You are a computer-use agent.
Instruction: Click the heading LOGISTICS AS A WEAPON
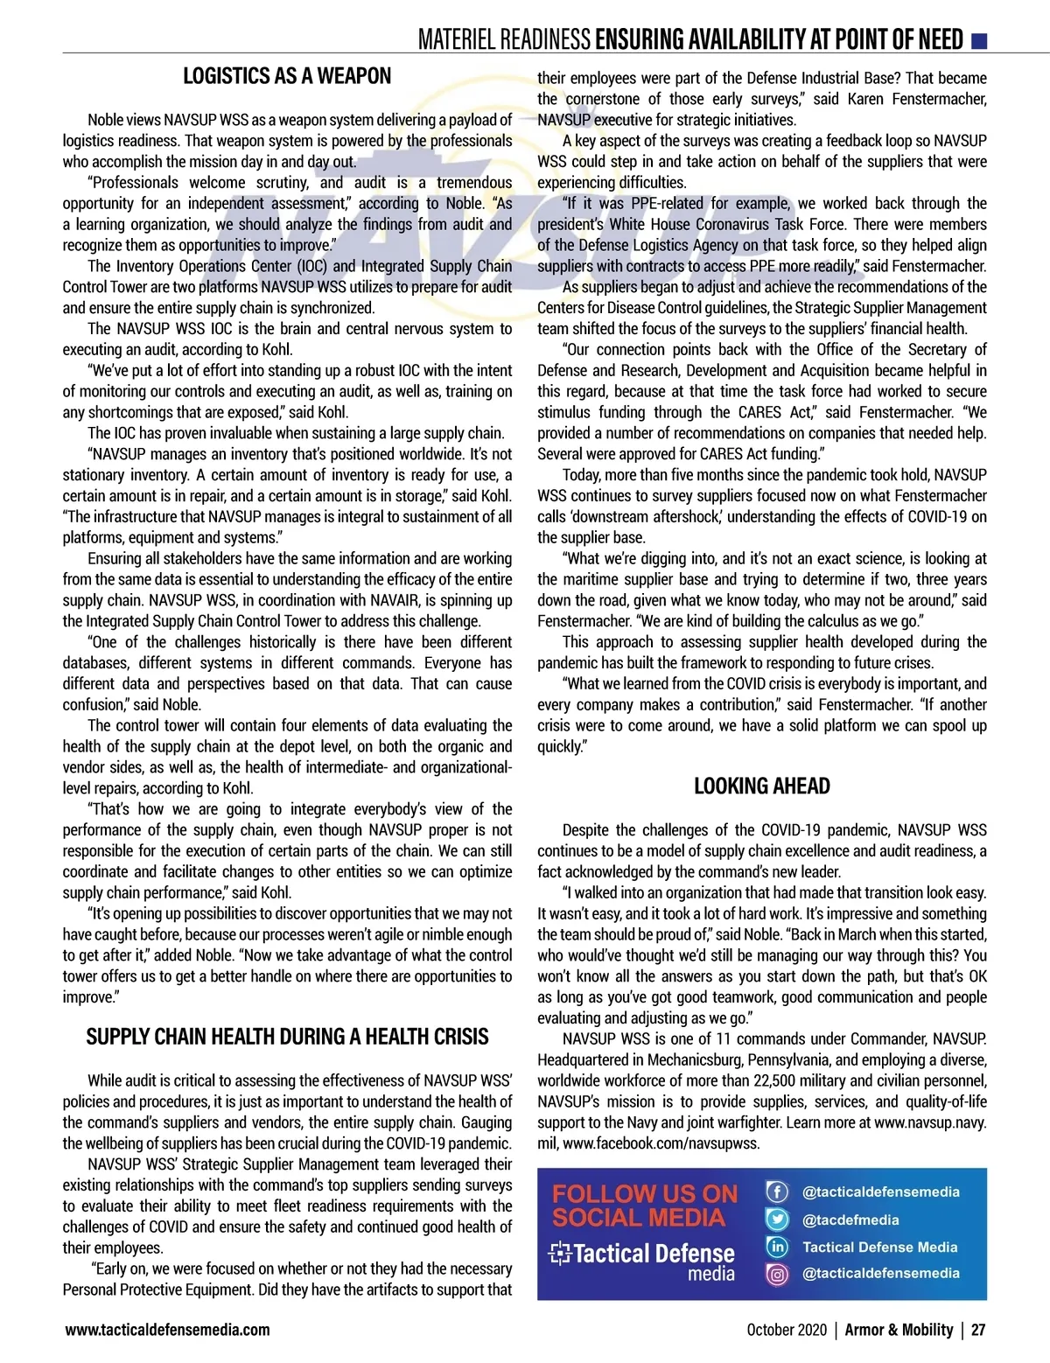pyautogui.click(x=287, y=76)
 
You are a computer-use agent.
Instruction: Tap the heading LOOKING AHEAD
pyautogui.click(x=761, y=786)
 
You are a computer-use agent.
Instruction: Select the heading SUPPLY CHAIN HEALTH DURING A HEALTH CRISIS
pyautogui.click(x=287, y=1037)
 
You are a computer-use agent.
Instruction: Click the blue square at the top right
pyautogui.click(x=979, y=39)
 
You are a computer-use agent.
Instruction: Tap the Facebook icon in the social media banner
pyautogui.click(x=777, y=1192)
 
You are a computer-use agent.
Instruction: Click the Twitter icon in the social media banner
pyautogui.click(x=777, y=1220)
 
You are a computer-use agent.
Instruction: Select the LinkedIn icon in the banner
pyautogui.click(x=777, y=1247)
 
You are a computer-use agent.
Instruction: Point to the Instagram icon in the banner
pyautogui.click(x=777, y=1274)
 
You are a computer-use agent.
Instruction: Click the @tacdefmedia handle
pyautogui.click(x=850, y=1220)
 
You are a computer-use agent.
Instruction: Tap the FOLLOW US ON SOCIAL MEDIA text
pyautogui.click(x=645, y=1206)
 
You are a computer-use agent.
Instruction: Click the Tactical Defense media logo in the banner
pyautogui.click(x=641, y=1261)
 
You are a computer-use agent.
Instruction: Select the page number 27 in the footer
pyautogui.click(x=978, y=1330)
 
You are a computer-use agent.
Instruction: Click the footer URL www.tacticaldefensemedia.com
pyautogui.click(x=167, y=1330)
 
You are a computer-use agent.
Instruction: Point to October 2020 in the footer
pyautogui.click(x=786, y=1330)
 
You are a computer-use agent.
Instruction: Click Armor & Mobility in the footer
pyautogui.click(x=899, y=1330)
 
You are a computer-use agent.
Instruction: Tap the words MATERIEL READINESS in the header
pyautogui.click(x=504, y=39)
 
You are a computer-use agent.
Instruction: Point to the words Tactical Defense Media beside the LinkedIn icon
pyautogui.click(x=879, y=1247)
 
